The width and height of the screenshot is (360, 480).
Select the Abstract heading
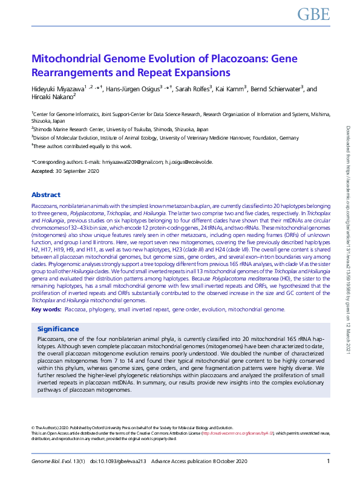pos(46,195)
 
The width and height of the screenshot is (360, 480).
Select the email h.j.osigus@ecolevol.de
pos(189,162)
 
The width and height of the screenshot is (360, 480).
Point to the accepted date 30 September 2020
pos(77,172)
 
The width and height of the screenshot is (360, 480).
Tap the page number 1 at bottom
pos(327,462)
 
